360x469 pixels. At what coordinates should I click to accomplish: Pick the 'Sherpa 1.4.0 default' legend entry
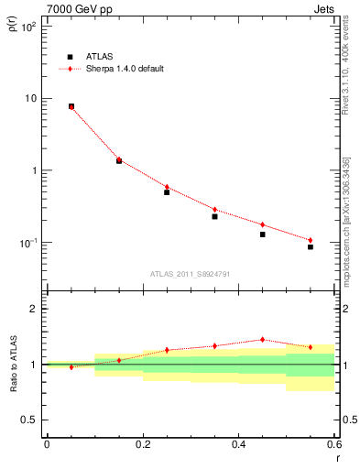coord(119,69)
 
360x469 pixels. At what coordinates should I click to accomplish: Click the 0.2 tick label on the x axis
coord(142,446)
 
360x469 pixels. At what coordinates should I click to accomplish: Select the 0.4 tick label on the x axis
coord(238,446)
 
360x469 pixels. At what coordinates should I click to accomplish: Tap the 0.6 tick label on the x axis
coord(333,446)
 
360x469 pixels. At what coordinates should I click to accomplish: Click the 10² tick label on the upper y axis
coord(29,27)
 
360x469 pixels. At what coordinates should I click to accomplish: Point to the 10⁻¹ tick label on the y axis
coord(29,243)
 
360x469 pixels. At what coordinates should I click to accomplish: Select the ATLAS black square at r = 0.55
coord(311,247)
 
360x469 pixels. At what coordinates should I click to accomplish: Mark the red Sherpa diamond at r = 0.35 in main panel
coord(214,210)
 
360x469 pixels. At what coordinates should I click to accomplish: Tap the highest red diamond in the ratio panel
coord(262,339)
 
